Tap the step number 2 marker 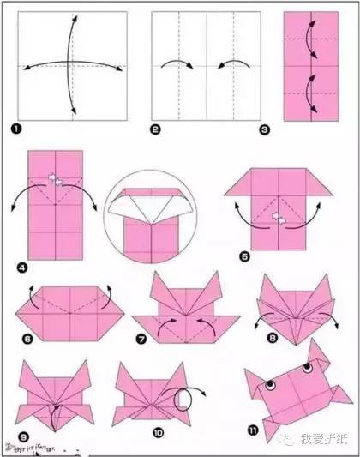click(155, 129)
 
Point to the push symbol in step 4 click(54, 180)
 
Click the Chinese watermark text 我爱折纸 click(328, 443)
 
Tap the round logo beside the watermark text click(296, 442)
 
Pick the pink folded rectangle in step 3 click(309, 65)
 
